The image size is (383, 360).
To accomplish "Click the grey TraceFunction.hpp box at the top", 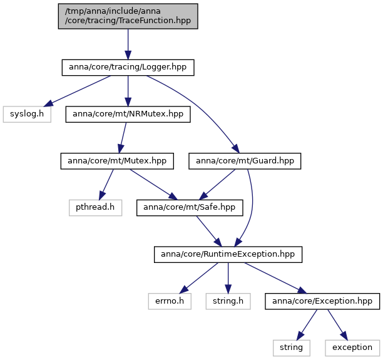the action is tap(128, 16).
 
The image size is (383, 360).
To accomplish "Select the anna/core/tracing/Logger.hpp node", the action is tap(128, 67).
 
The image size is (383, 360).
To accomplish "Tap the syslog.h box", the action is tap(27, 114).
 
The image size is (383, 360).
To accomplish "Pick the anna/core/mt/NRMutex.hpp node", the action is tap(128, 114).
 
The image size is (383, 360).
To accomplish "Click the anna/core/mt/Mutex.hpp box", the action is tap(117, 161).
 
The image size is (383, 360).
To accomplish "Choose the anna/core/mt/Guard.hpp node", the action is tap(245, 161).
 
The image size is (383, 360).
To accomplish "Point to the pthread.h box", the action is tap(95, 208).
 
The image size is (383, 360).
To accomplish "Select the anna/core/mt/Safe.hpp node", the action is tap(190, 208).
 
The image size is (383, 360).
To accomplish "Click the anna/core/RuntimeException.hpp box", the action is tap(228, 254).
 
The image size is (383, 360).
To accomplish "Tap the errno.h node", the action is tap(170, 301).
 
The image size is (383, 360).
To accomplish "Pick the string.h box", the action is tap(228, 301).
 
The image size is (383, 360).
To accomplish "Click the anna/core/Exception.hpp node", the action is tap(322, 301).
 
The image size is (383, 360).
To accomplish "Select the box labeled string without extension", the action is tap(292, 347).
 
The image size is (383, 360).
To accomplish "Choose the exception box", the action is tap(352, 347).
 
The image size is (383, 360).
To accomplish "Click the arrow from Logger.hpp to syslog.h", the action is tap(78, 91).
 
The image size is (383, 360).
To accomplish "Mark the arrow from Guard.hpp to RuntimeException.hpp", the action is tap(252, 208).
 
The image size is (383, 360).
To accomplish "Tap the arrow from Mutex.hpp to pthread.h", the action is tap(106, 185).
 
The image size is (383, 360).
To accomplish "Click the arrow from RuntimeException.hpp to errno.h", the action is tap(198, 278).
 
